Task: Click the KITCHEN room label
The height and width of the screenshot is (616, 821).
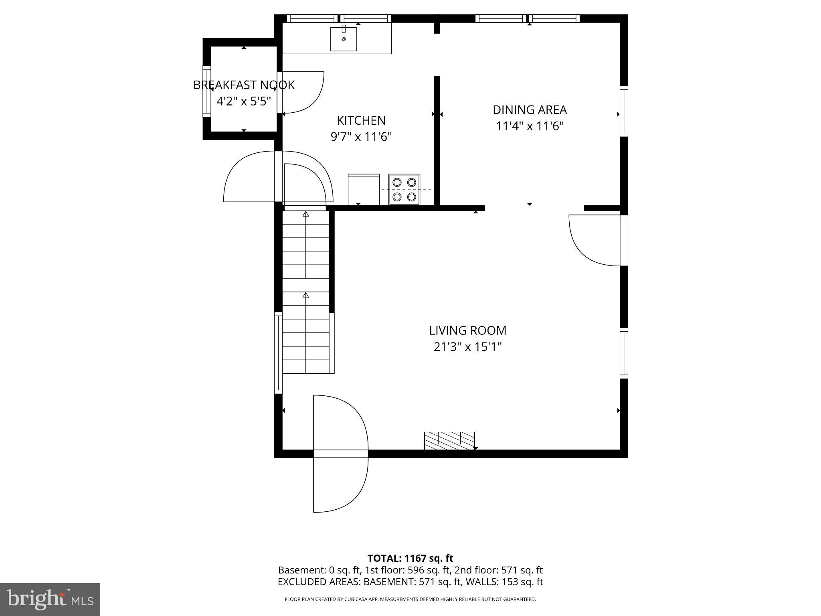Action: click(x=361, y=120)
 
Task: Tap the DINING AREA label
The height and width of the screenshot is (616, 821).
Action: click(x=530, y=109)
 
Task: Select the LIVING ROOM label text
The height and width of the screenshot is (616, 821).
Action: click(x=467, y=330)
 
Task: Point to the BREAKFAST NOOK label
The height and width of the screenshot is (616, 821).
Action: click(x=244, y=85)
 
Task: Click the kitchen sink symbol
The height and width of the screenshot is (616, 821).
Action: click(x=344, y=39)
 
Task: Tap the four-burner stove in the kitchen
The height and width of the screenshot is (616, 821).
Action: click(x=404, y=189)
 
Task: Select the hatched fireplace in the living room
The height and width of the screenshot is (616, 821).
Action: click(x=449, y=440)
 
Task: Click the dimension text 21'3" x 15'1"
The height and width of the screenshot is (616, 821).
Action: click(x=467, y=347)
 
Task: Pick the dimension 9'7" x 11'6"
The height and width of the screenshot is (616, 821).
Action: click(x=361, y=137)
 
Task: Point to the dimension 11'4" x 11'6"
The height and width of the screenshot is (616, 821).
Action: click(x=530, y=126)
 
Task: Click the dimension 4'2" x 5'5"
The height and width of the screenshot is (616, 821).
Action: click(x=244, y=101)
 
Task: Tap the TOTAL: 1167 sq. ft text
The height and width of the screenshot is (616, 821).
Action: click(x=410, y=558)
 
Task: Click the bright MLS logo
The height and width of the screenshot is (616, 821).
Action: click(x=50, y=599)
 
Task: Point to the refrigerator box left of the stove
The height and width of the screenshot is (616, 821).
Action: click(x=364, y=189)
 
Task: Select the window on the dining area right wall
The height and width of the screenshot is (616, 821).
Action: click(x=624, y=111)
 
